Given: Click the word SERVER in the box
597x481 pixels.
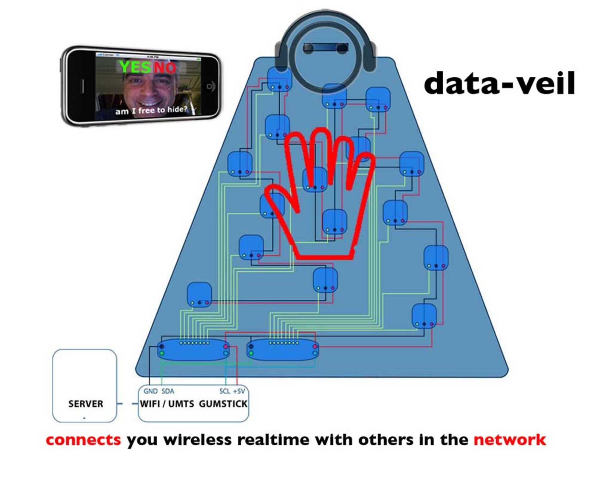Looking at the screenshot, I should click(x=86, y=404).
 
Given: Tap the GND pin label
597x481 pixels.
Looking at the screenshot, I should click(x=150, y=391).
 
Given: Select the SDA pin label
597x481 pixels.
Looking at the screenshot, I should click(x=168, y=391).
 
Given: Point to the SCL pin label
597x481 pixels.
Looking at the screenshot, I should click(x=224, y=391).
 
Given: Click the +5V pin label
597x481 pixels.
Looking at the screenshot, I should click(x=239, y=391).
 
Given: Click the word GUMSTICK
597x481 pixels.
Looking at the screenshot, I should click(x=223, y=404).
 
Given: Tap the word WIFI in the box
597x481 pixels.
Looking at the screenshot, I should click(x=150, y=404).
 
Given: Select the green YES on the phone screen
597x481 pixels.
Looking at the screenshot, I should click(x=135, y=67).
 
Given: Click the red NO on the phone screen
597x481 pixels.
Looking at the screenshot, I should click(x=165, y=68).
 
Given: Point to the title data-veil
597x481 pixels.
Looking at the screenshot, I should click(x=499, y=83).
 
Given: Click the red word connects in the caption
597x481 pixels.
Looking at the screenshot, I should click(x=83, y=440).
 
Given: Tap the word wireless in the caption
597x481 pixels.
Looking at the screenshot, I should click(x=197, y=440).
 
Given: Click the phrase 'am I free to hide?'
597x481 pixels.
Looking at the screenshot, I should click(x=151, y=111).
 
